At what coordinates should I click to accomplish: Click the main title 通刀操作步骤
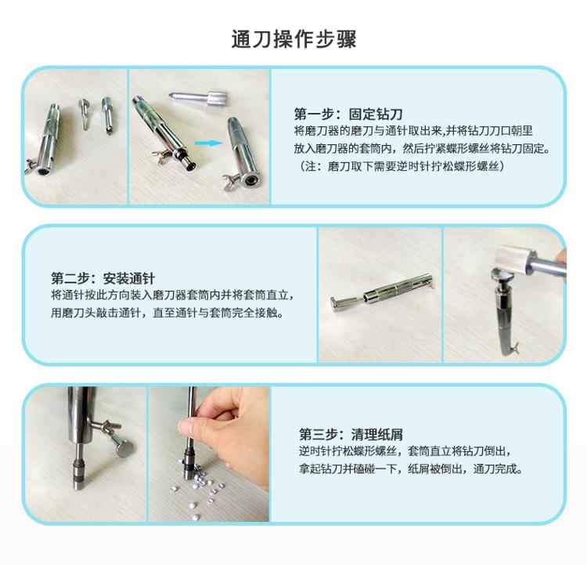(x=293, y=39)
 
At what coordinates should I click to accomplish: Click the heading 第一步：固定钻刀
(x=348, y=114)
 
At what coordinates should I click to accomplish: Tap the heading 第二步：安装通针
(x=103, y=278)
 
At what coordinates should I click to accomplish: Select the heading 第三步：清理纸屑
(x=351, y=435)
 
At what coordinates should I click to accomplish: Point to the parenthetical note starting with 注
(x=402, y=165)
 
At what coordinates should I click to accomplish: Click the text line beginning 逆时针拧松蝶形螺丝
(x=405, y=451)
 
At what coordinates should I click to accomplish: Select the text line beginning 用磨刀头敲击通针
(x=167, y=313)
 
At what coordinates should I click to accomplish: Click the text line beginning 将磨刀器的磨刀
(x=413, y=131)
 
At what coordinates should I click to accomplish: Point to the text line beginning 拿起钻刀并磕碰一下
(x=410, y=469)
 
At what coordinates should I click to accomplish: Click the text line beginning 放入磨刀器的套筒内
(x=423, y=148)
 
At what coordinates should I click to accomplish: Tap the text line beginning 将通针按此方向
(x=172, y=295)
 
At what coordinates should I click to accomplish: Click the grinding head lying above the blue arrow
(x=199, y=99)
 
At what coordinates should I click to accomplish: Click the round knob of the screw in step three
(x=124, y=448)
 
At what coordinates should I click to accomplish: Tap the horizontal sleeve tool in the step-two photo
(x=381, y=291)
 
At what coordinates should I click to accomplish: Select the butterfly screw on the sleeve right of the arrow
(x=232, y=180)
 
